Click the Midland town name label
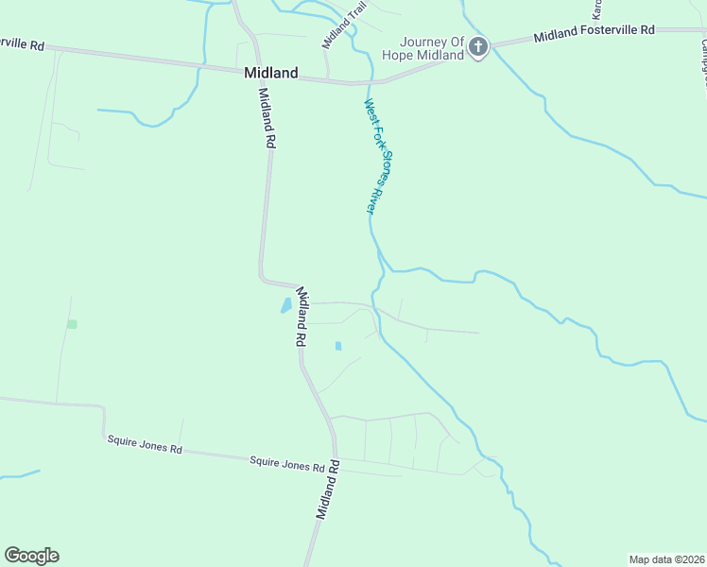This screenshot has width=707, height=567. click(270, 73)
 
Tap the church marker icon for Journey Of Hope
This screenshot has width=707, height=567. click(478, 47)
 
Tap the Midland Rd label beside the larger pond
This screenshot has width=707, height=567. click(302, 316)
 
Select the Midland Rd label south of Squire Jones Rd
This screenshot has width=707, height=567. click(327, 497)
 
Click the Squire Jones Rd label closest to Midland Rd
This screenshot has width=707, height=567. click(287, 464)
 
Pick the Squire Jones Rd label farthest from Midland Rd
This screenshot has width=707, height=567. click(144, 444)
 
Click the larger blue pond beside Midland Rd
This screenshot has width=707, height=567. click(285, 306)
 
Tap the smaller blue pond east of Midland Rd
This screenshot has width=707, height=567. click(337, 346)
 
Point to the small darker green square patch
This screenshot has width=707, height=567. click(72, 324)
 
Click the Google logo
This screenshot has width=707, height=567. click(31, 556)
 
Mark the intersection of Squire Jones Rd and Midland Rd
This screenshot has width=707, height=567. click(336, 458)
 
